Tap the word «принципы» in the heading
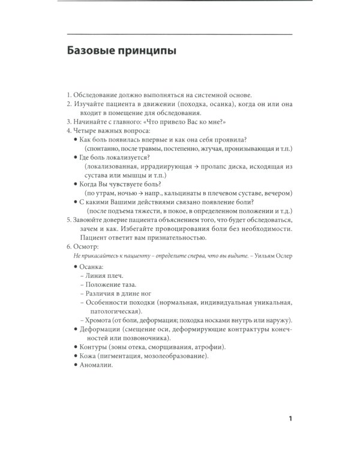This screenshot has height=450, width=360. coord(147,52)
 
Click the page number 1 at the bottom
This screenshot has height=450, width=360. coord(290,418)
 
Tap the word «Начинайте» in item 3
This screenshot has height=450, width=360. coord(91,121)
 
